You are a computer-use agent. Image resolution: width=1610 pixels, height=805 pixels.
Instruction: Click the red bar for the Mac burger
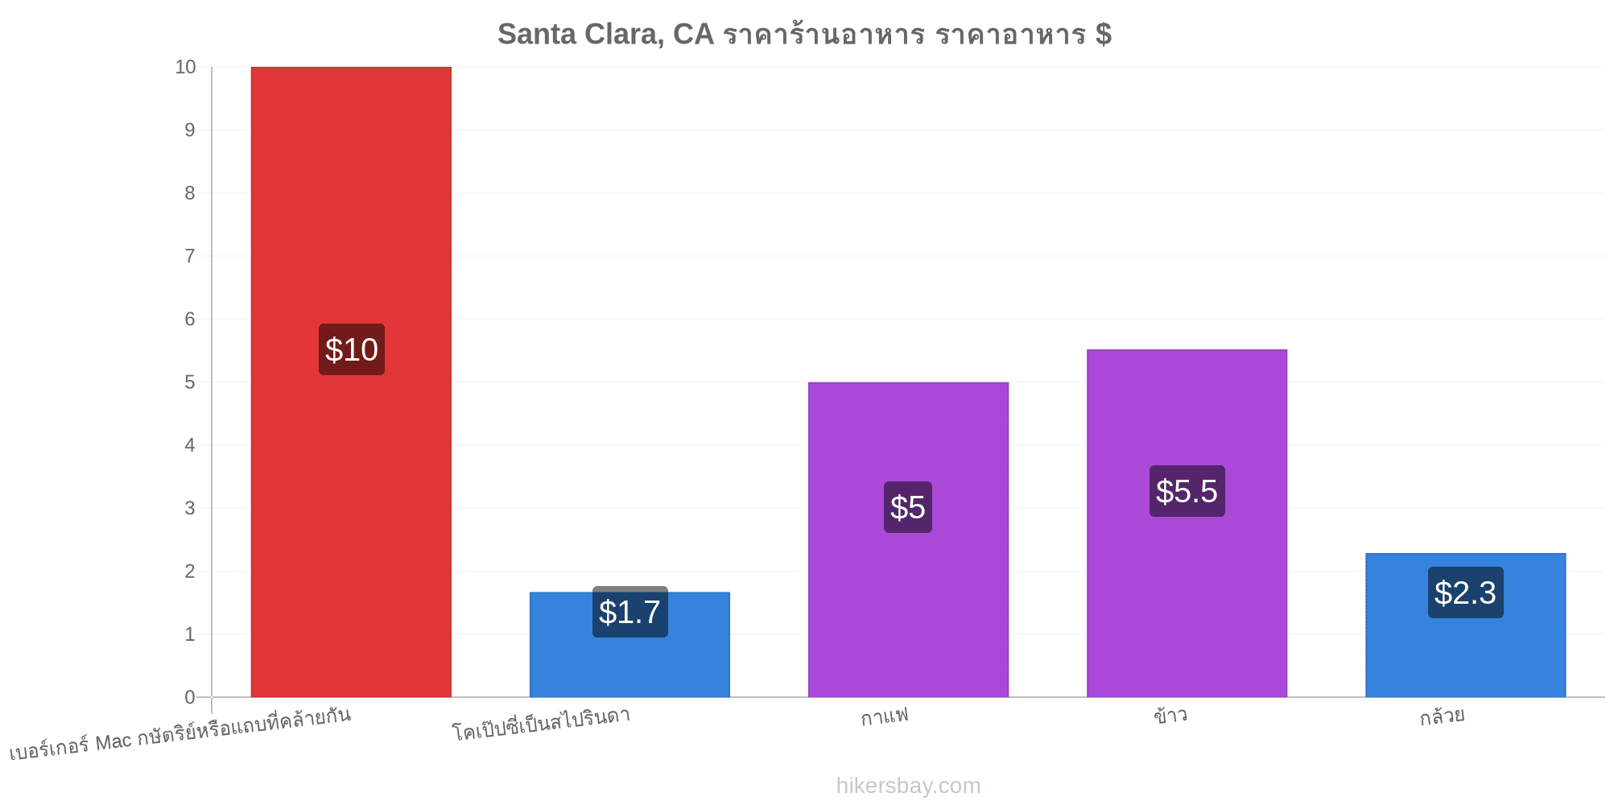click(351, 382)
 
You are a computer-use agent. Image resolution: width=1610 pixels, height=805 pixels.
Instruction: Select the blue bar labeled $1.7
click(630, 645)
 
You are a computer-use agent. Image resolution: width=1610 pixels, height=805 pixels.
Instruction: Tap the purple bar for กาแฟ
click(908, 539)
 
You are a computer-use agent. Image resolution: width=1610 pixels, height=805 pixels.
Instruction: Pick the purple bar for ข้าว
click(1187, 523)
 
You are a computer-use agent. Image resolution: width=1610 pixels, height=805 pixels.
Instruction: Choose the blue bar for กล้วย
click(1465, 625)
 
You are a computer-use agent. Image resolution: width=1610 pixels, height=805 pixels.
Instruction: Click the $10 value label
click(352, 349)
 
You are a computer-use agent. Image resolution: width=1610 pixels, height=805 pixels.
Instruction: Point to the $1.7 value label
click(630, 612)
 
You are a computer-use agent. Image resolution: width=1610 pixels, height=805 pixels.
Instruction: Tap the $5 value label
click(908, 507)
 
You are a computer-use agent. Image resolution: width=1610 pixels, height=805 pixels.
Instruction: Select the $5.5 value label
click(1187, 491)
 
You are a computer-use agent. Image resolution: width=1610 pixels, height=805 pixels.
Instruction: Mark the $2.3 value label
click(1466, 592)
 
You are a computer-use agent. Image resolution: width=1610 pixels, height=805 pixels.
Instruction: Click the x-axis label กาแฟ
click(884, 715)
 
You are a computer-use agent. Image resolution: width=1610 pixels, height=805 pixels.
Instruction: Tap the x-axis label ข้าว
click(1170, 714)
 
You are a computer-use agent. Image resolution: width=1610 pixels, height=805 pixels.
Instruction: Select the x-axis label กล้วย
click(1442, 715)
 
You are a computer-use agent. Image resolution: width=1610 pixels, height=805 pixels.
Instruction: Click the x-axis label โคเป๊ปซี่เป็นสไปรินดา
click(541, 723)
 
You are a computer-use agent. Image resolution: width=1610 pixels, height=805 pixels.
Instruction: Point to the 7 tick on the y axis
click(190, 256)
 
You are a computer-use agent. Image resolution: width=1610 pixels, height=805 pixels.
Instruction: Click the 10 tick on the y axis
click(185, 67)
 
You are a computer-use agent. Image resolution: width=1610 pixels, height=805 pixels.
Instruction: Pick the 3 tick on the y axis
click(190, 508)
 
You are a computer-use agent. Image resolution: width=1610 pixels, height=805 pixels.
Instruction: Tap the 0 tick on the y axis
click(190, 697)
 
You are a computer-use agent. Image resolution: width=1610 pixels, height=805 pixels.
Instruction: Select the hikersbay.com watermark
click(908, 786)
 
